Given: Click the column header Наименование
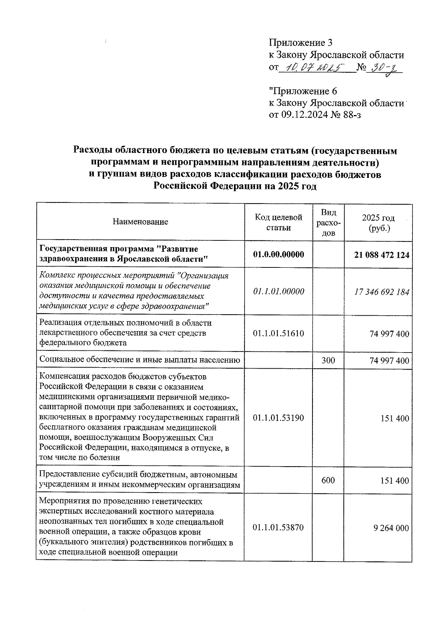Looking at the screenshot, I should point(140,222).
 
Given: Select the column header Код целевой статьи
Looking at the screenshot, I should point(278,222).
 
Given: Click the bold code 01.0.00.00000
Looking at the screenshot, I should point(278,254).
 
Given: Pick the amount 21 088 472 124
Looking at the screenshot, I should point(381,255).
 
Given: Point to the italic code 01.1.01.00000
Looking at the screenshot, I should point(278,292).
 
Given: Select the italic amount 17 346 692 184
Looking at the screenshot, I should point(381,292).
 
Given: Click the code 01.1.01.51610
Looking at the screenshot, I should point(278,333).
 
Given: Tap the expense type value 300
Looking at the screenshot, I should point(328,360).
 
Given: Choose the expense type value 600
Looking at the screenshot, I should point(328,480).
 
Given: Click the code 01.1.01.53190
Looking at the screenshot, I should point(278,418).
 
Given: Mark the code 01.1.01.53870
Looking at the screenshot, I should point(278,528).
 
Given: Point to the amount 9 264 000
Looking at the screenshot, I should point(391,528).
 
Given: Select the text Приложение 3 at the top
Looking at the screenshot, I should point(300,43).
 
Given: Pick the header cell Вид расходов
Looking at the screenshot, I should point(329,222).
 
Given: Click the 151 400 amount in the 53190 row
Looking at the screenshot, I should point(397,419).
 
